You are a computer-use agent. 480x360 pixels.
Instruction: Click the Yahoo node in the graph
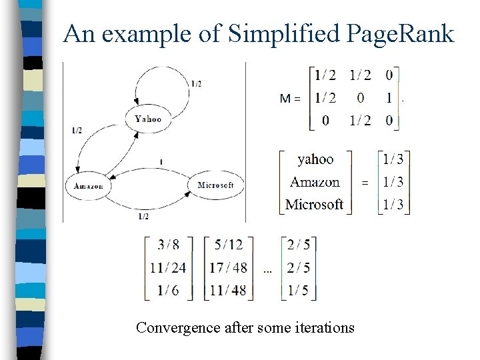tap(147, 119)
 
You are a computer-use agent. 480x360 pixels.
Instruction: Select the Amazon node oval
tap(87, 185)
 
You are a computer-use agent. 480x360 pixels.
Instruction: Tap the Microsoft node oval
tap(215, 185)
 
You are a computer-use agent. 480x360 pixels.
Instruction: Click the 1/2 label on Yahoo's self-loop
tap(196, 84)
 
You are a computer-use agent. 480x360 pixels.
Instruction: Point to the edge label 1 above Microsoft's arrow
tap(161, 162)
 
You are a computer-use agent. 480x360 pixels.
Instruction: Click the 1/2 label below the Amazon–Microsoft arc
tap(143, 217)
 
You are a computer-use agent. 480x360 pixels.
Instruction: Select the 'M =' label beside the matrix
tap(289, 99)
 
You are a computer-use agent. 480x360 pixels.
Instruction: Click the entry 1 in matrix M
tap(389, 98)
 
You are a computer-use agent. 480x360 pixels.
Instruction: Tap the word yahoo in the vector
tap(315, 159)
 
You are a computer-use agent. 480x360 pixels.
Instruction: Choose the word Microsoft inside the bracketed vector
tap(314, 204)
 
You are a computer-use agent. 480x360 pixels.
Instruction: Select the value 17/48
tap(228, 268)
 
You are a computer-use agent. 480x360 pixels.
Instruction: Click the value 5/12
tap(228, 245)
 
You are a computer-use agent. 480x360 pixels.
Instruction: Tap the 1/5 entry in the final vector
tap(299, 290)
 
